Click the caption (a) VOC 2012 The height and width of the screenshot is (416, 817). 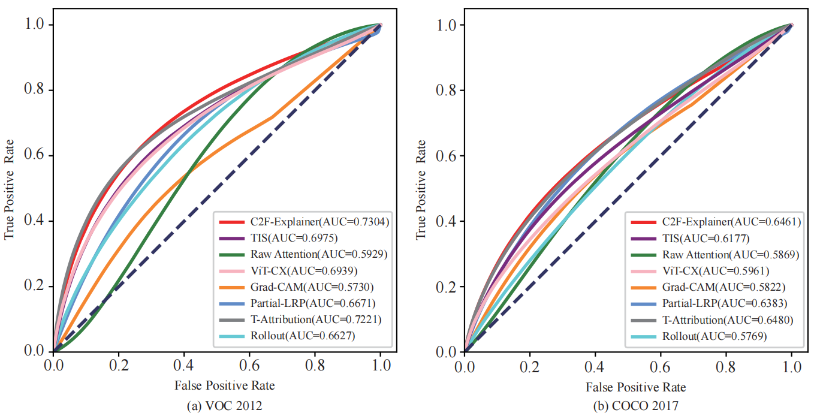225,406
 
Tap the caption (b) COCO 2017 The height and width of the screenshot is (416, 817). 636,406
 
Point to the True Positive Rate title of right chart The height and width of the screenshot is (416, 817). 421,189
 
